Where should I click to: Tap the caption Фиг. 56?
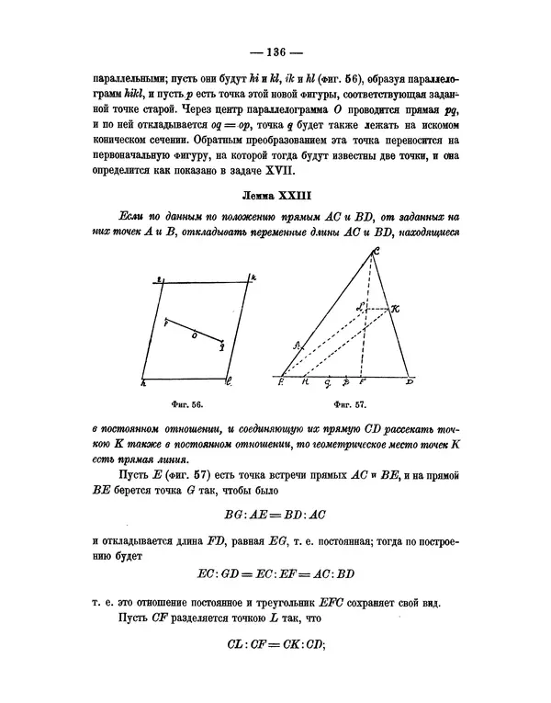coord(186,403)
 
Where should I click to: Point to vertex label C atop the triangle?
coord(376,252)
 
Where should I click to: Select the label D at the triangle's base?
coord(410,380)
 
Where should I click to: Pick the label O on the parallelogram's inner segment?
coord(194,336)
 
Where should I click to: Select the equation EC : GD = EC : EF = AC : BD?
coord(275,574)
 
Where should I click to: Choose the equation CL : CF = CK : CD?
coord(275,644)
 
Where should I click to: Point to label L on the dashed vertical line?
coord(363,306)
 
